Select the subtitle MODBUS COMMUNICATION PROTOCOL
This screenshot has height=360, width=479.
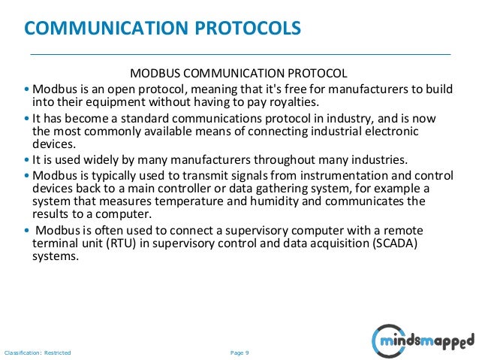pyautogui.click(x=239, y=74)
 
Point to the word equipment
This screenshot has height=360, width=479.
pyautogui.click(x=104, y=102)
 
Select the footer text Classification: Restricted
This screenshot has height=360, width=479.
pyautogui.click(x=38, y=352)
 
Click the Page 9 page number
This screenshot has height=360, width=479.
pyautogui.click(x=239, y=352)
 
